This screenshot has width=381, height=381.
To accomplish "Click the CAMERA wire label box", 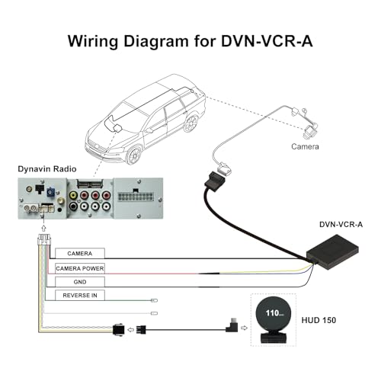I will click(80, 253).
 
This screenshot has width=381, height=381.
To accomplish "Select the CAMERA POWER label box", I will click(80, 267).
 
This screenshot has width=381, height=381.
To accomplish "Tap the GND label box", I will click(80, 281).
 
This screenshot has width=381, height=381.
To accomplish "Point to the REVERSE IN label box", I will click(80, 296).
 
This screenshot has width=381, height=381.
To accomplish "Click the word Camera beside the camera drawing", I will click(304, 146).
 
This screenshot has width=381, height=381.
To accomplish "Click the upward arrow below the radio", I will click(44, 226).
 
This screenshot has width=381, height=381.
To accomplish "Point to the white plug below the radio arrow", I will click(44, 242).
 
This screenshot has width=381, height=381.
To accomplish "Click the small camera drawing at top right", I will click(304, 122).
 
